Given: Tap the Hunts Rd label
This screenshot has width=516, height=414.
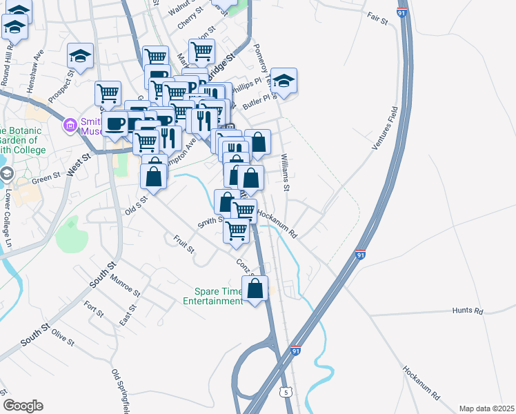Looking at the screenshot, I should [467, 311].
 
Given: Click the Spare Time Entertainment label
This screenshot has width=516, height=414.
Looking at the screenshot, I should [213, 295].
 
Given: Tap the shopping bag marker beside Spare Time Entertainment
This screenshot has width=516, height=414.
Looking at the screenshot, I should [255, 289].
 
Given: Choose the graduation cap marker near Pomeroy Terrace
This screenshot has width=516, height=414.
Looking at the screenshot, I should [284, 81].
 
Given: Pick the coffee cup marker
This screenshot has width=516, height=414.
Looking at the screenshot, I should [116, 124].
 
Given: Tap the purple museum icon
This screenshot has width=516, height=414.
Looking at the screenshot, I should [69, 126].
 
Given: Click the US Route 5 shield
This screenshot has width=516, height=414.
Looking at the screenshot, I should [285, 392].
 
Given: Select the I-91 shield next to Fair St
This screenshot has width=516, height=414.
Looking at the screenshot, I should [402, 12].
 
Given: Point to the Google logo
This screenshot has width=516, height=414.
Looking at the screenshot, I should [23, 406].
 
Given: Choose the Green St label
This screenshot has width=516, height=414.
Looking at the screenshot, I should [47, 181].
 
